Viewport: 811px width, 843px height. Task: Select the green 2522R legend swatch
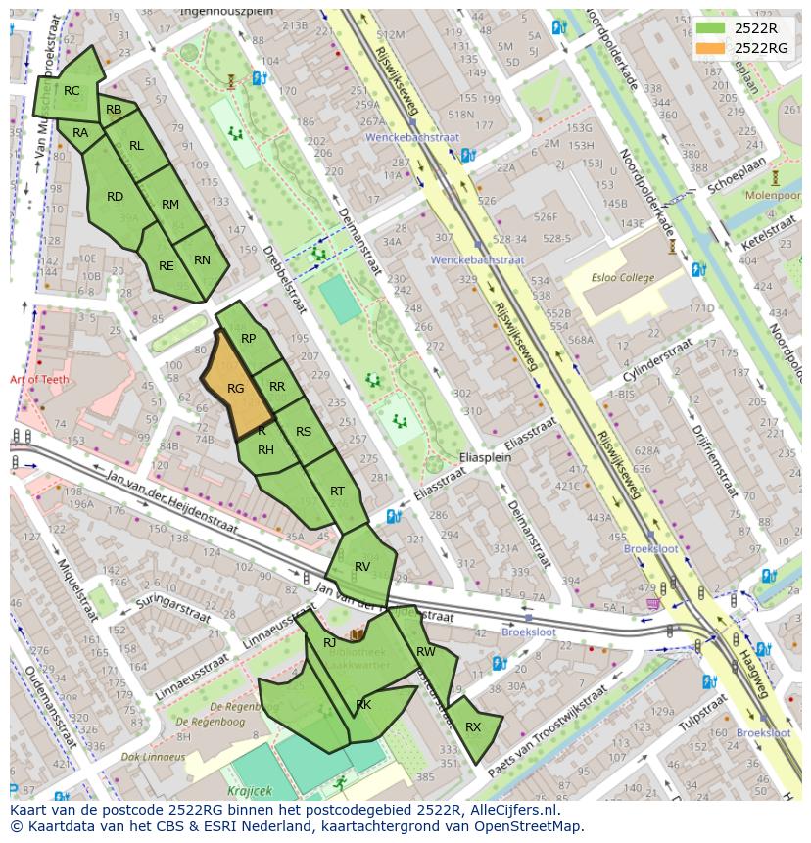(711, 28)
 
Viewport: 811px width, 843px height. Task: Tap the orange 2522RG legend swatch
(711, 48)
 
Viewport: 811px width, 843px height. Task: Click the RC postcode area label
(72, 91)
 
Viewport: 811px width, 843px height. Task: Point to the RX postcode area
(473, 727)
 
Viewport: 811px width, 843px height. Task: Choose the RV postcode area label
(362, 567)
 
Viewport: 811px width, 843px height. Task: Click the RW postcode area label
(426, 651)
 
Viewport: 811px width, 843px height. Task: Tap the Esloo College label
(623, 277)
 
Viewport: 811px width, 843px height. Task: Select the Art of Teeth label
(38, 379)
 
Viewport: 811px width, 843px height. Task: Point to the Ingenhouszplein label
(226, 12)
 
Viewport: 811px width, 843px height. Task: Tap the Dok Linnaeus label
(153, 757)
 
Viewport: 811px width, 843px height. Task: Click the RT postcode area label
(337, 492)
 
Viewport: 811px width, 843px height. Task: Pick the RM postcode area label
(170, 205)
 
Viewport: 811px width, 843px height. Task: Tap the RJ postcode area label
(329, 642)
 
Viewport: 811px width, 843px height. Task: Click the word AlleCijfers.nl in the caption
(510, 810)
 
